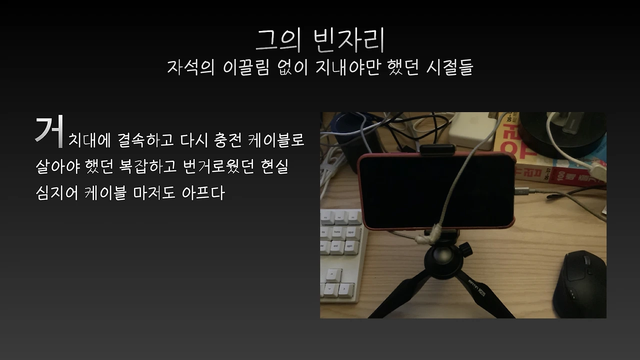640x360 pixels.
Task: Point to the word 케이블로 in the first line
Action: tap(276, 139)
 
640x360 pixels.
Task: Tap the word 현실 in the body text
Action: tap(274, 166)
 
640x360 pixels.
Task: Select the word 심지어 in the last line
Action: tap(56, 193)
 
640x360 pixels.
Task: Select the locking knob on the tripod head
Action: tap(464, 247)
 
